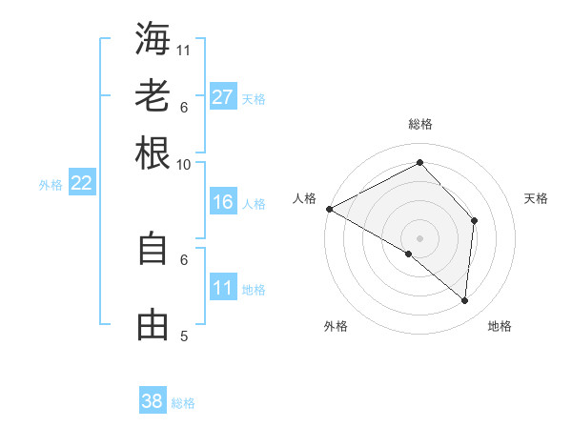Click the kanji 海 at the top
pos(153,38)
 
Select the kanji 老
pos(153,95)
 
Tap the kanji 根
pos(153,153)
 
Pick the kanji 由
pos(153,325)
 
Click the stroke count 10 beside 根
pos(184,164)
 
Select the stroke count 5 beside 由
pos(184,336)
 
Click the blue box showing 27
pos(223,97)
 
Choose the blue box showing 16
pos(223,202)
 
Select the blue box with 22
pos(81,184)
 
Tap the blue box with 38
pos(153,401)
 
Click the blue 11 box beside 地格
pos(223,289)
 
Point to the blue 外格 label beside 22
pos(51,185)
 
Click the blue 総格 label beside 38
pos(183,403)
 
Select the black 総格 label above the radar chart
pos(419,124)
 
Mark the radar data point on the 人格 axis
pos(329,209)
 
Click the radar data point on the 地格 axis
pos(464,300)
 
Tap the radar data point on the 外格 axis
pos(409,254)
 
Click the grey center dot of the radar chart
pos(419,237)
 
